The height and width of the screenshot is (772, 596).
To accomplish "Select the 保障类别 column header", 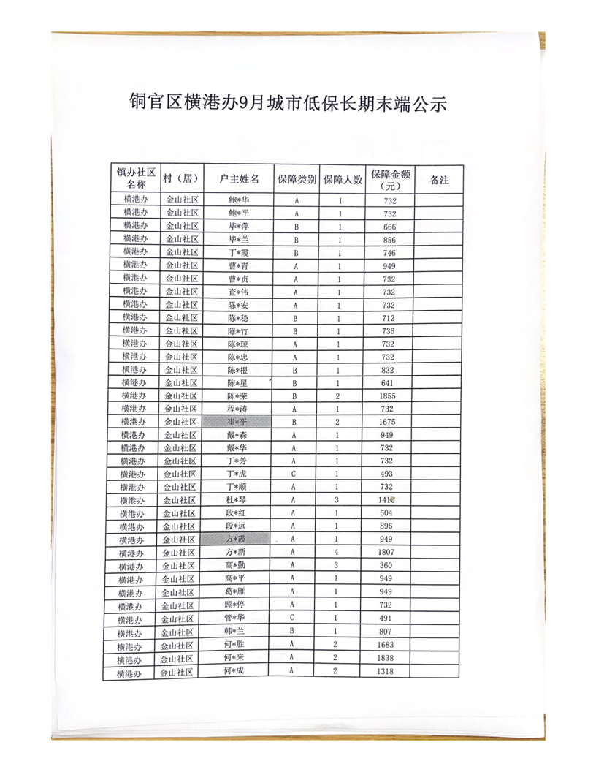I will pos(297,179).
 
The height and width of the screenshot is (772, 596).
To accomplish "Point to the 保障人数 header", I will pos(343,179).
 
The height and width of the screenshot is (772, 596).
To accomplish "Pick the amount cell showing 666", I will pos(389,226).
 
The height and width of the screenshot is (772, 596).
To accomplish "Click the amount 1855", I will pos(389,396).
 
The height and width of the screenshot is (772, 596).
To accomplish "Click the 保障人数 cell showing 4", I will pos(337,553).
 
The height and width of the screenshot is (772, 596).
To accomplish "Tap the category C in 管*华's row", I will pos(292,618).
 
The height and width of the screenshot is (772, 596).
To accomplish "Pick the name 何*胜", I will pos(236,644).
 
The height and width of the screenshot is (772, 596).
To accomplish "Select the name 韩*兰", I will pos(236,631).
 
